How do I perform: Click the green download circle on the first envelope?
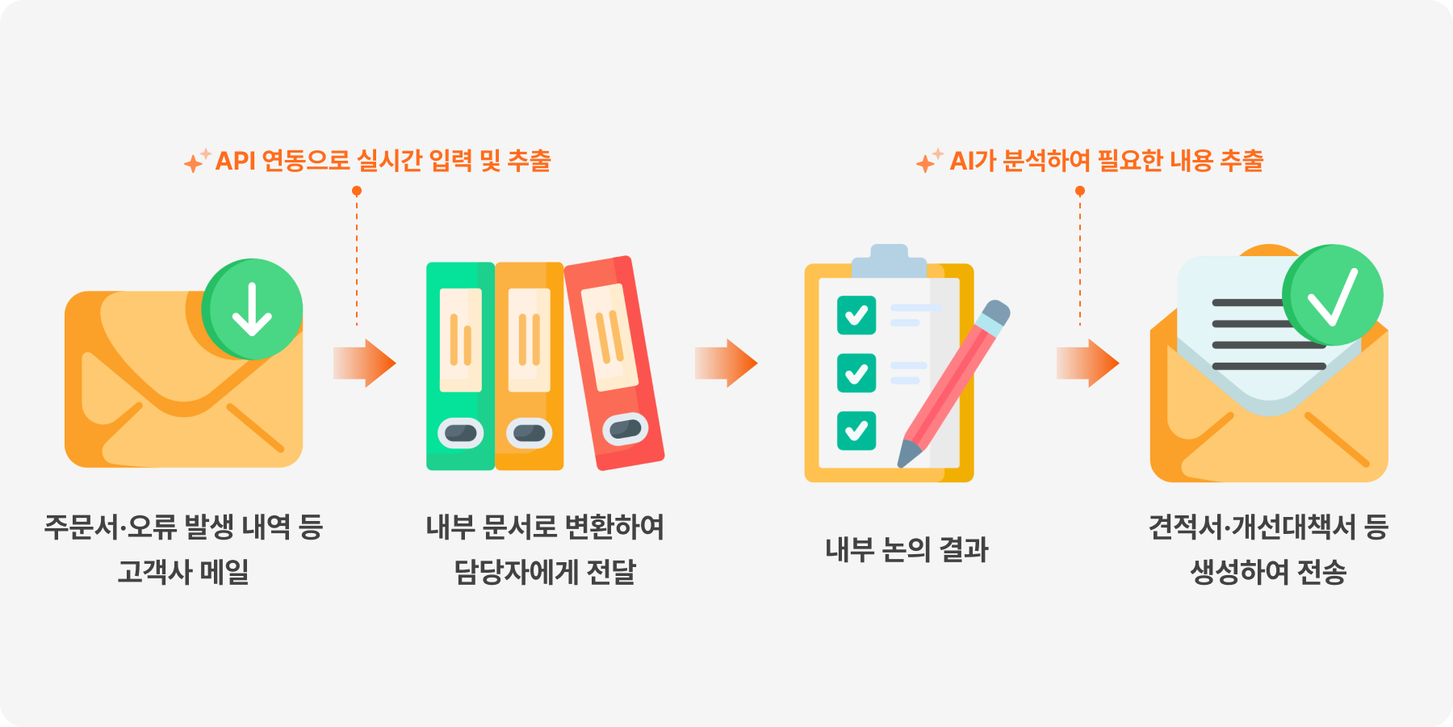252,309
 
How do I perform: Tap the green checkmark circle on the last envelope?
1333,295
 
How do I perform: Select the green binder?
460,366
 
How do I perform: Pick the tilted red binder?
614,363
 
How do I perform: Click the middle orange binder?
529,366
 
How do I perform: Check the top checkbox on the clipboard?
856,315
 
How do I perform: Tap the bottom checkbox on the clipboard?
856,431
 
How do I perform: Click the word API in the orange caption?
236,161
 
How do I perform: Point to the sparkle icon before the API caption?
196,160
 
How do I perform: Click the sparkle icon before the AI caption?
929,160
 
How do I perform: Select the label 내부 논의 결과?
907,549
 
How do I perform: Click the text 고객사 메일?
183,572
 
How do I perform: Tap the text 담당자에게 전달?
545,572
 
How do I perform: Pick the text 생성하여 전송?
1268,572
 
